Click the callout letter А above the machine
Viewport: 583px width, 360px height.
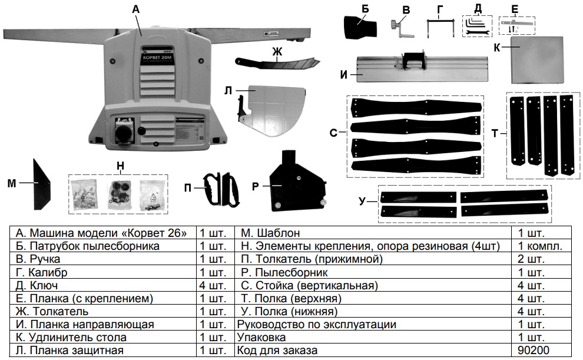(x=136, y=9)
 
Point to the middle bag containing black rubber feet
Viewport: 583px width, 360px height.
(x=118, y=193)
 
